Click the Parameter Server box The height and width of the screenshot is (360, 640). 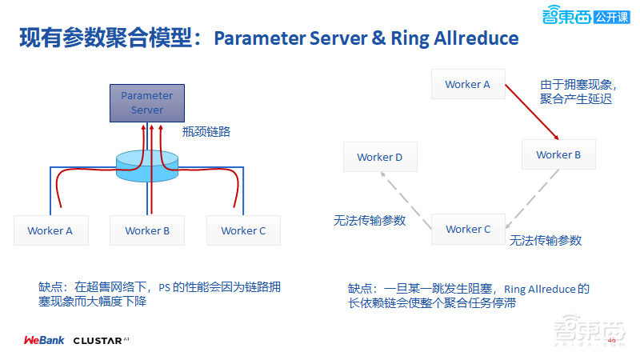pyautogui.click(x=146, y=103)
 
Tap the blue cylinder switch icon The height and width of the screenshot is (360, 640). pyautogui.click(x=146, y=165)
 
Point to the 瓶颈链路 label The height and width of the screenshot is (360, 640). pyautogui.click(x=206, y=132)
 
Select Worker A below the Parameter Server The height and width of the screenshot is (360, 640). pyautogui.click(x=50, y=230)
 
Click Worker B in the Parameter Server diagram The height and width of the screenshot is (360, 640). pyautogui.click(x=147, y=230)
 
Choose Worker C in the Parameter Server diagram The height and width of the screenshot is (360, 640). pyautogui.click(x=243, y=230)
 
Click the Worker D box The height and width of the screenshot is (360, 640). pyautogui.click(x=380, y=157)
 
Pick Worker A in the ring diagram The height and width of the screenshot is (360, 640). pyautogui.click(x=467, y=84)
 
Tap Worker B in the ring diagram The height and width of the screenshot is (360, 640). pyautogui.click(x=558, y=154)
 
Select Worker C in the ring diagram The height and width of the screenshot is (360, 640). pyautogui.click(x=468, y=229)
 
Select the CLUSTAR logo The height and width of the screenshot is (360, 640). pyautogui.click(x=101, y=340)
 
